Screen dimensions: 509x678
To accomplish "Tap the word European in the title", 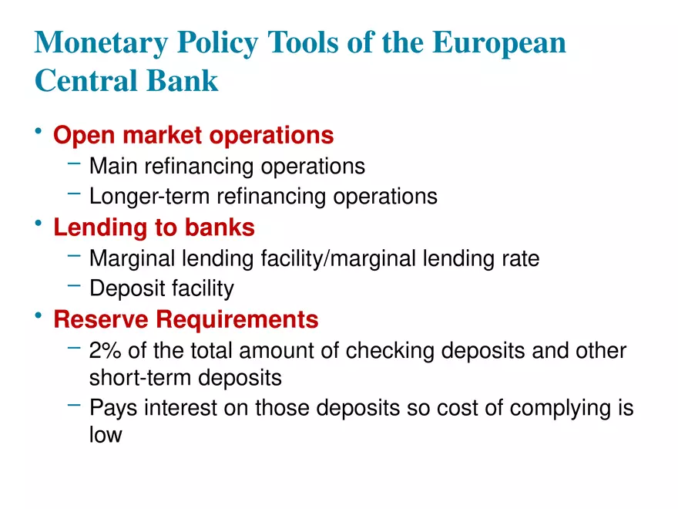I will click(499, 43).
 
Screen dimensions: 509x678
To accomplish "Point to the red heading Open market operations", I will click(193, 136).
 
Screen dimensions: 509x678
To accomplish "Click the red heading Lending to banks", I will click(154, 228).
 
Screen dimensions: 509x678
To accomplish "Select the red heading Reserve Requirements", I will click(186, 319).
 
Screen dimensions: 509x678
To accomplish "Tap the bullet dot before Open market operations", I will click(39, 133).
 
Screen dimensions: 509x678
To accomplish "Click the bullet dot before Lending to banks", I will click(39, 225).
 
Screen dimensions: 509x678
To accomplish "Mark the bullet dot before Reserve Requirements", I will click(39, 316).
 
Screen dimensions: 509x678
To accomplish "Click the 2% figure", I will click(106, 351).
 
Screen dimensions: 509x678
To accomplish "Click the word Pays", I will click(113, 408).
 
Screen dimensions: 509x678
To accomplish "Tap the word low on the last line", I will click(106, 435).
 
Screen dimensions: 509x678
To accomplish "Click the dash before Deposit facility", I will click(74, 285).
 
